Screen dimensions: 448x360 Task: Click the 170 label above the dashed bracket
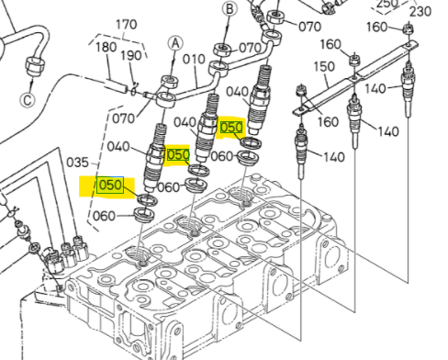tap(127, 25)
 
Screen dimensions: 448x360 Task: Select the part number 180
tap(106, 47)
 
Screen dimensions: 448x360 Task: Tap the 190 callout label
tap(131, 56)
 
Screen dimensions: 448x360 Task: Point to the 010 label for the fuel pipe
tap(194, 59)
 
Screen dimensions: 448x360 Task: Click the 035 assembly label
tap(77, 163)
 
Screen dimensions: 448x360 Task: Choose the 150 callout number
tap(325, 66)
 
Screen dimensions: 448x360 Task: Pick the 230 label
tap(420, 11)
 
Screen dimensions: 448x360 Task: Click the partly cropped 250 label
tap(387, 4)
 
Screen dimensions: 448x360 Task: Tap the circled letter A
tap(175, 44)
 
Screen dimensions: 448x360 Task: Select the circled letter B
tap(230, 9)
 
